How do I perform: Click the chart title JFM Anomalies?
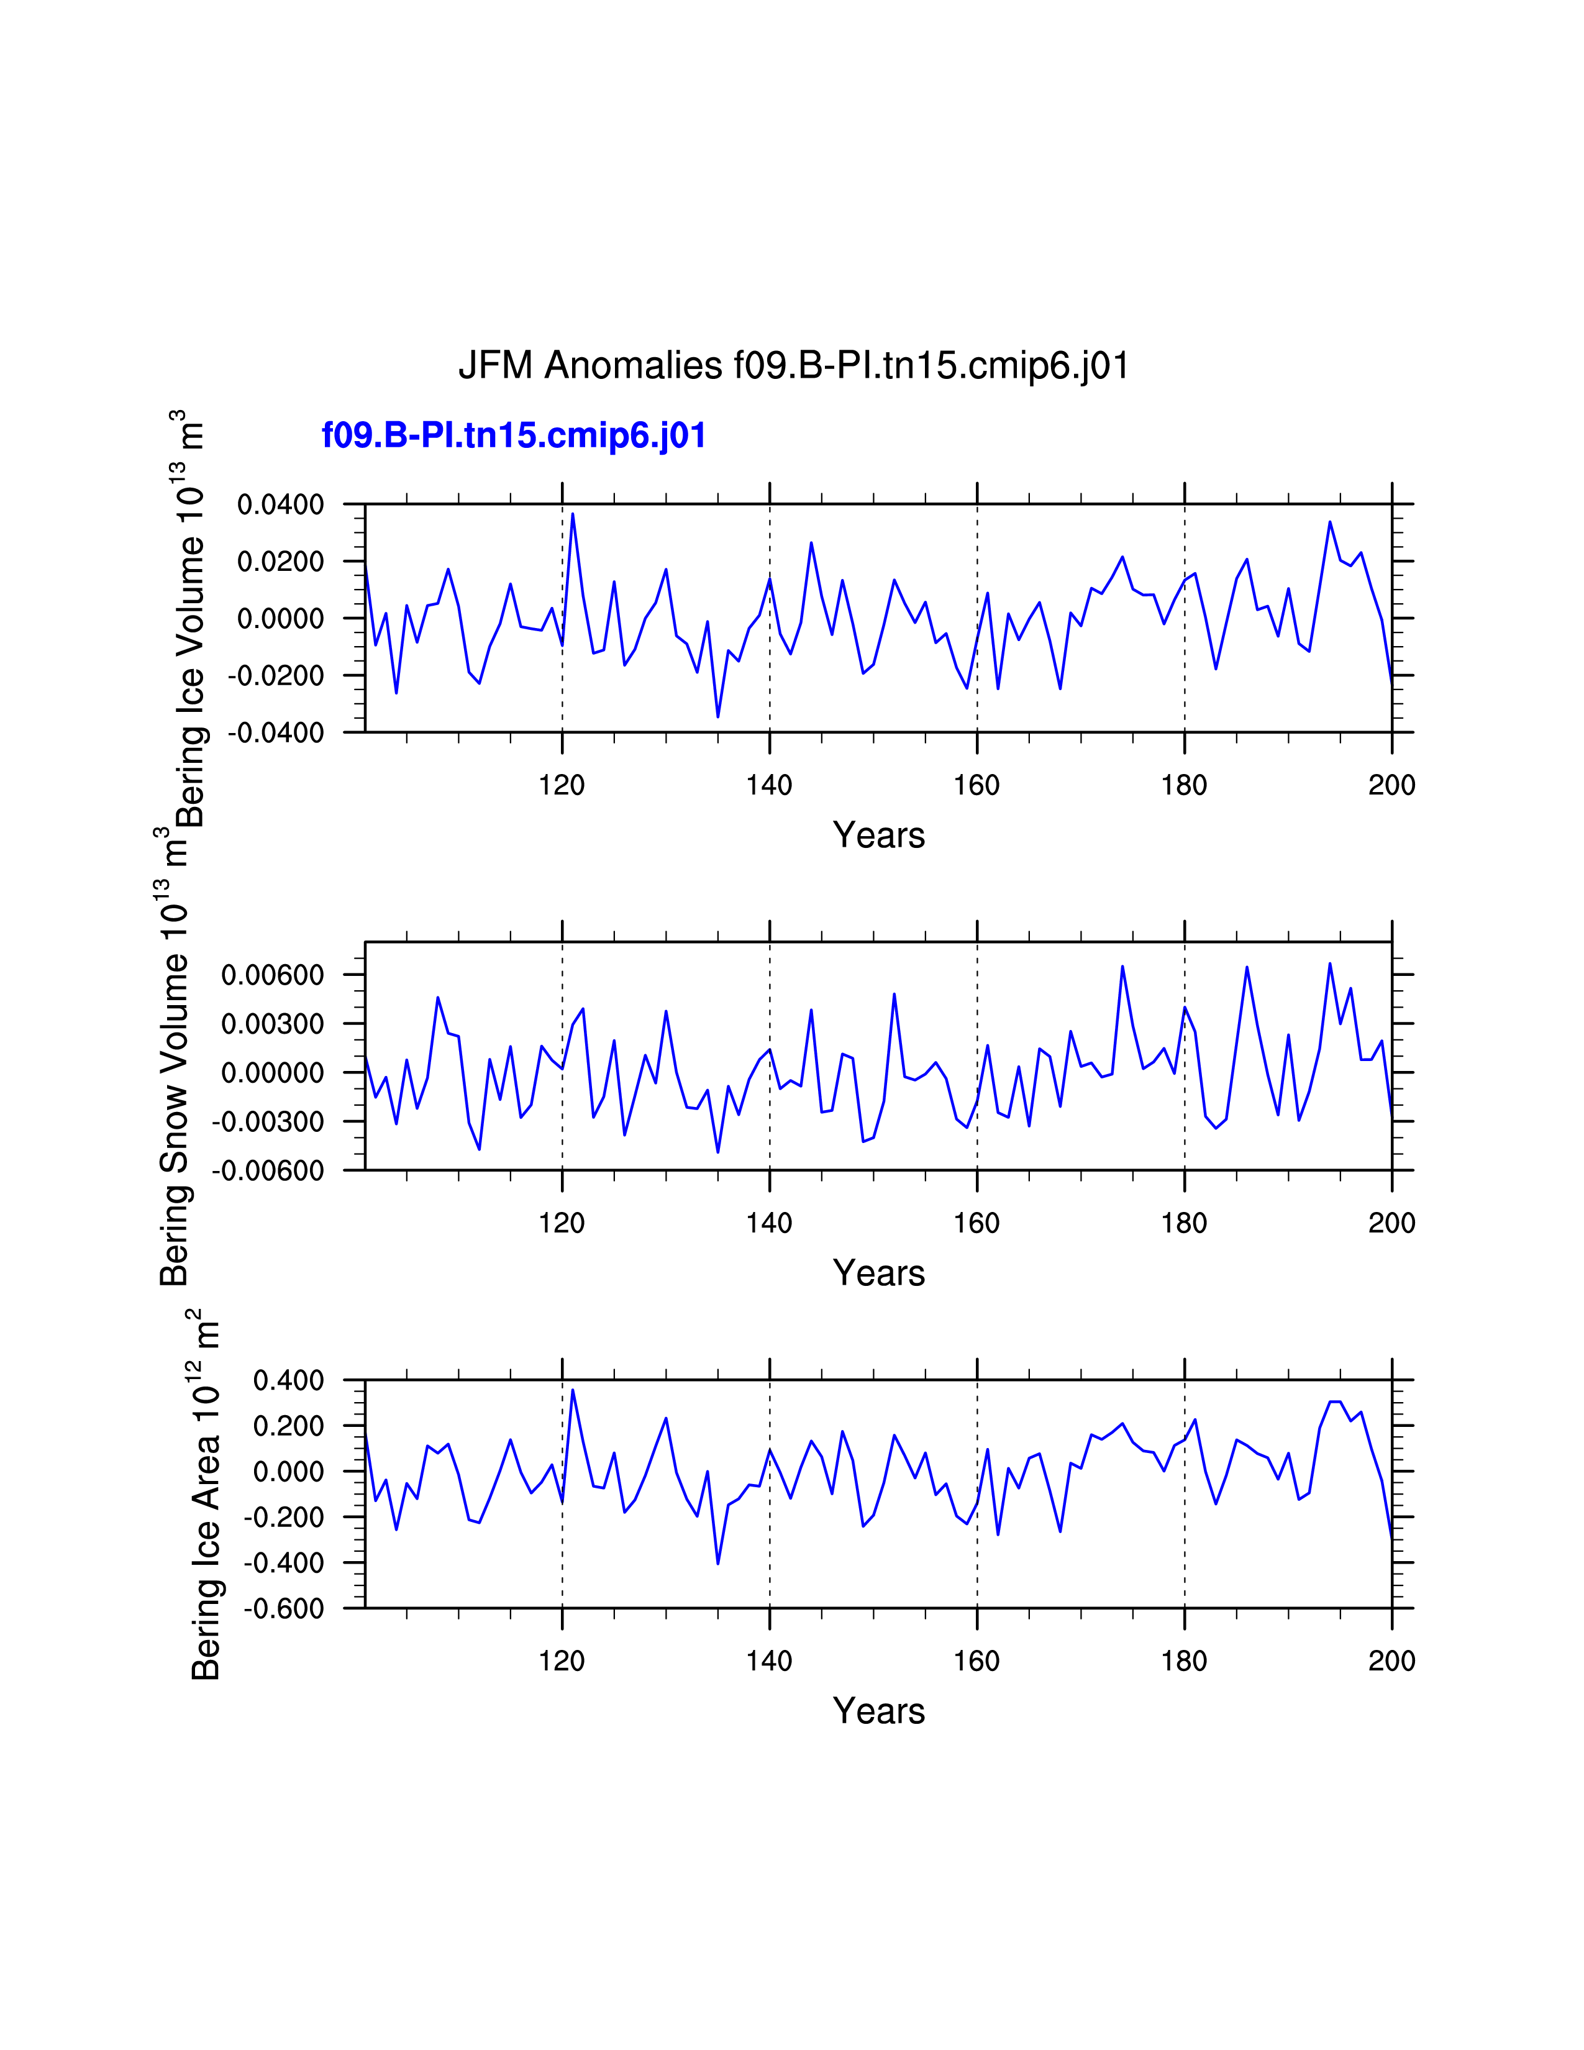(793, 365)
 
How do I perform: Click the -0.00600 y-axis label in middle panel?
(268, 1170)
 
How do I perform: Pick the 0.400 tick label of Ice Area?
(288, 1381)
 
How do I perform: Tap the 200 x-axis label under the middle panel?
(1391, 1223)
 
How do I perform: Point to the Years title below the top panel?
(878, 836)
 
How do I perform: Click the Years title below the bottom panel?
(878, 1711)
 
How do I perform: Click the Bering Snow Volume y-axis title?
(175, 1056)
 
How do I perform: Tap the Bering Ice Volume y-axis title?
(191, 619)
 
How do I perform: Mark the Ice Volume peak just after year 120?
(573, 514)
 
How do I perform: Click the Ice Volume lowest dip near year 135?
(718, 717)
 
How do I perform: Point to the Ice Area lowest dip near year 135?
(718, 1564)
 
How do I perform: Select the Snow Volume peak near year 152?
(894, 993)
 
